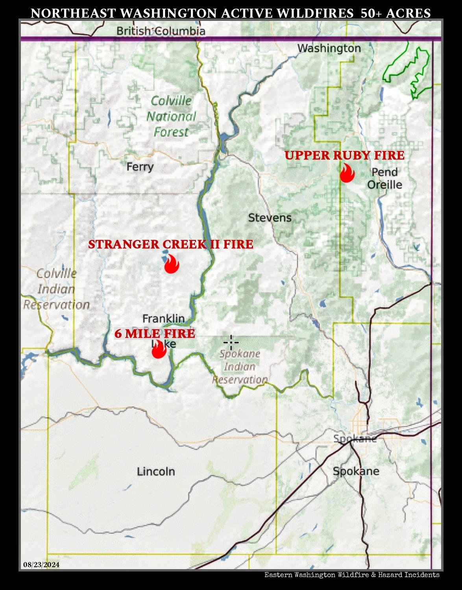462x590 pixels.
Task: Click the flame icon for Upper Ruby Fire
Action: click(x=347, y=173)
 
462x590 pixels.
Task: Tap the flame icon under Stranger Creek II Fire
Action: click(x=172, y=264)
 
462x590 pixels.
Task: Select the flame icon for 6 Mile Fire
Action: click(x=159, y=349)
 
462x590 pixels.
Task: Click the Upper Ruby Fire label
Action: click(x=344, y=155)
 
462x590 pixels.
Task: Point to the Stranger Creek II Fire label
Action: click(x=170, y=244)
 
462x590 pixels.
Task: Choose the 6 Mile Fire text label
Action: click(x=155, y=334)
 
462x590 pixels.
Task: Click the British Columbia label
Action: click(x=161, y=31)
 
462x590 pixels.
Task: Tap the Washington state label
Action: click(x=329, y=48)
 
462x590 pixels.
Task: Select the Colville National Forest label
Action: click(x=171, y=117)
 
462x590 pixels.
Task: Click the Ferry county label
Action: click(x=140, y=167)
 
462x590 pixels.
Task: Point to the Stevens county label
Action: click(x=270, y=218)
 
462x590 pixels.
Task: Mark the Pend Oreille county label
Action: click(x=384, y=178)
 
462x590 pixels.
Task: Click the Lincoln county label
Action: click(x=156, y=471)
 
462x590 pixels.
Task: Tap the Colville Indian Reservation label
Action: click(x=57, y=289)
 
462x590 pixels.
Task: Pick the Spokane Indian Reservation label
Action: click(x=240, y=366)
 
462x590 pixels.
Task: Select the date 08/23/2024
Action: click(x=41, y=565)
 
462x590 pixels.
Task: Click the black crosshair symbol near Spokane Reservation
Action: click(x=231, y=342)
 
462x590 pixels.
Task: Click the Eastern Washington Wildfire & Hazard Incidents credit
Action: click(x=352, y=575)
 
